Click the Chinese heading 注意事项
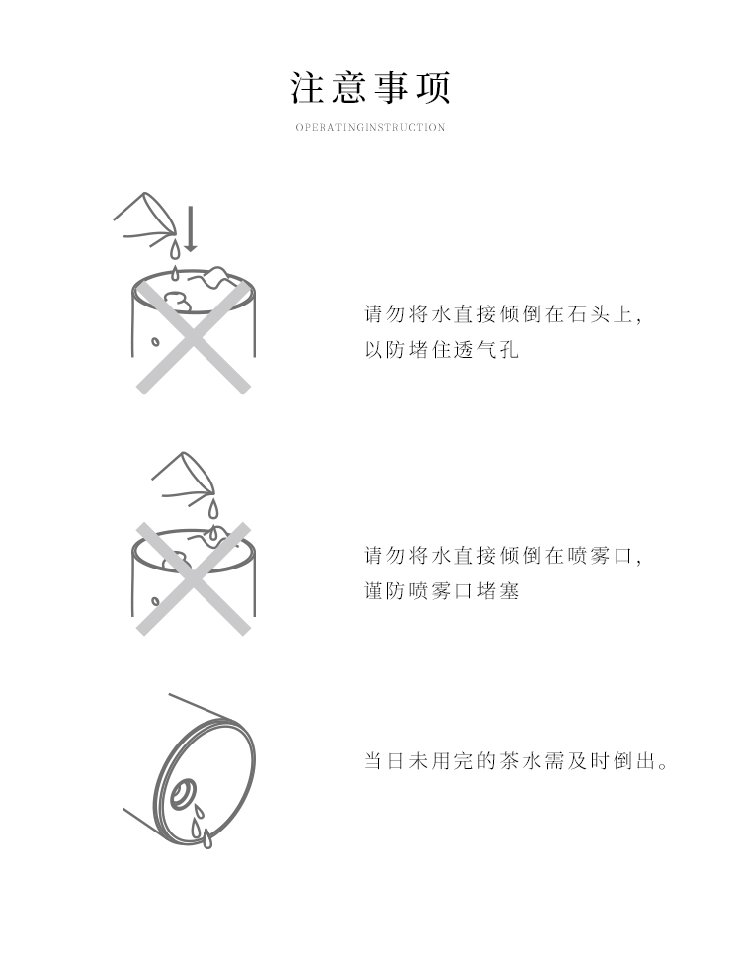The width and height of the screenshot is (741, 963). click(370, 88)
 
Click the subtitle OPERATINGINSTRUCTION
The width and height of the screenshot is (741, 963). click(370, 128)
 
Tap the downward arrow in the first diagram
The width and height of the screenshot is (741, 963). click(191, 229)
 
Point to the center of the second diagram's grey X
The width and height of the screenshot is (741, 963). click(194, 578)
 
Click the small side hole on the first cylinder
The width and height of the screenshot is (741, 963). click(156, 341)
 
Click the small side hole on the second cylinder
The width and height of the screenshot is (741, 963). click(156, 601)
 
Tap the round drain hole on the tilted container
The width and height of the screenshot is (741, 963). click(184, 792)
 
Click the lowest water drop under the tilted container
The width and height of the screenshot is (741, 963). click(207, 839)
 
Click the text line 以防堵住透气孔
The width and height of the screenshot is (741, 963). click(442, 350)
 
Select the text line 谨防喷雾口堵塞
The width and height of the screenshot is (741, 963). click(442, 591)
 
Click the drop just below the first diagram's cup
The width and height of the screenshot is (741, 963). click(175, 249)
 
